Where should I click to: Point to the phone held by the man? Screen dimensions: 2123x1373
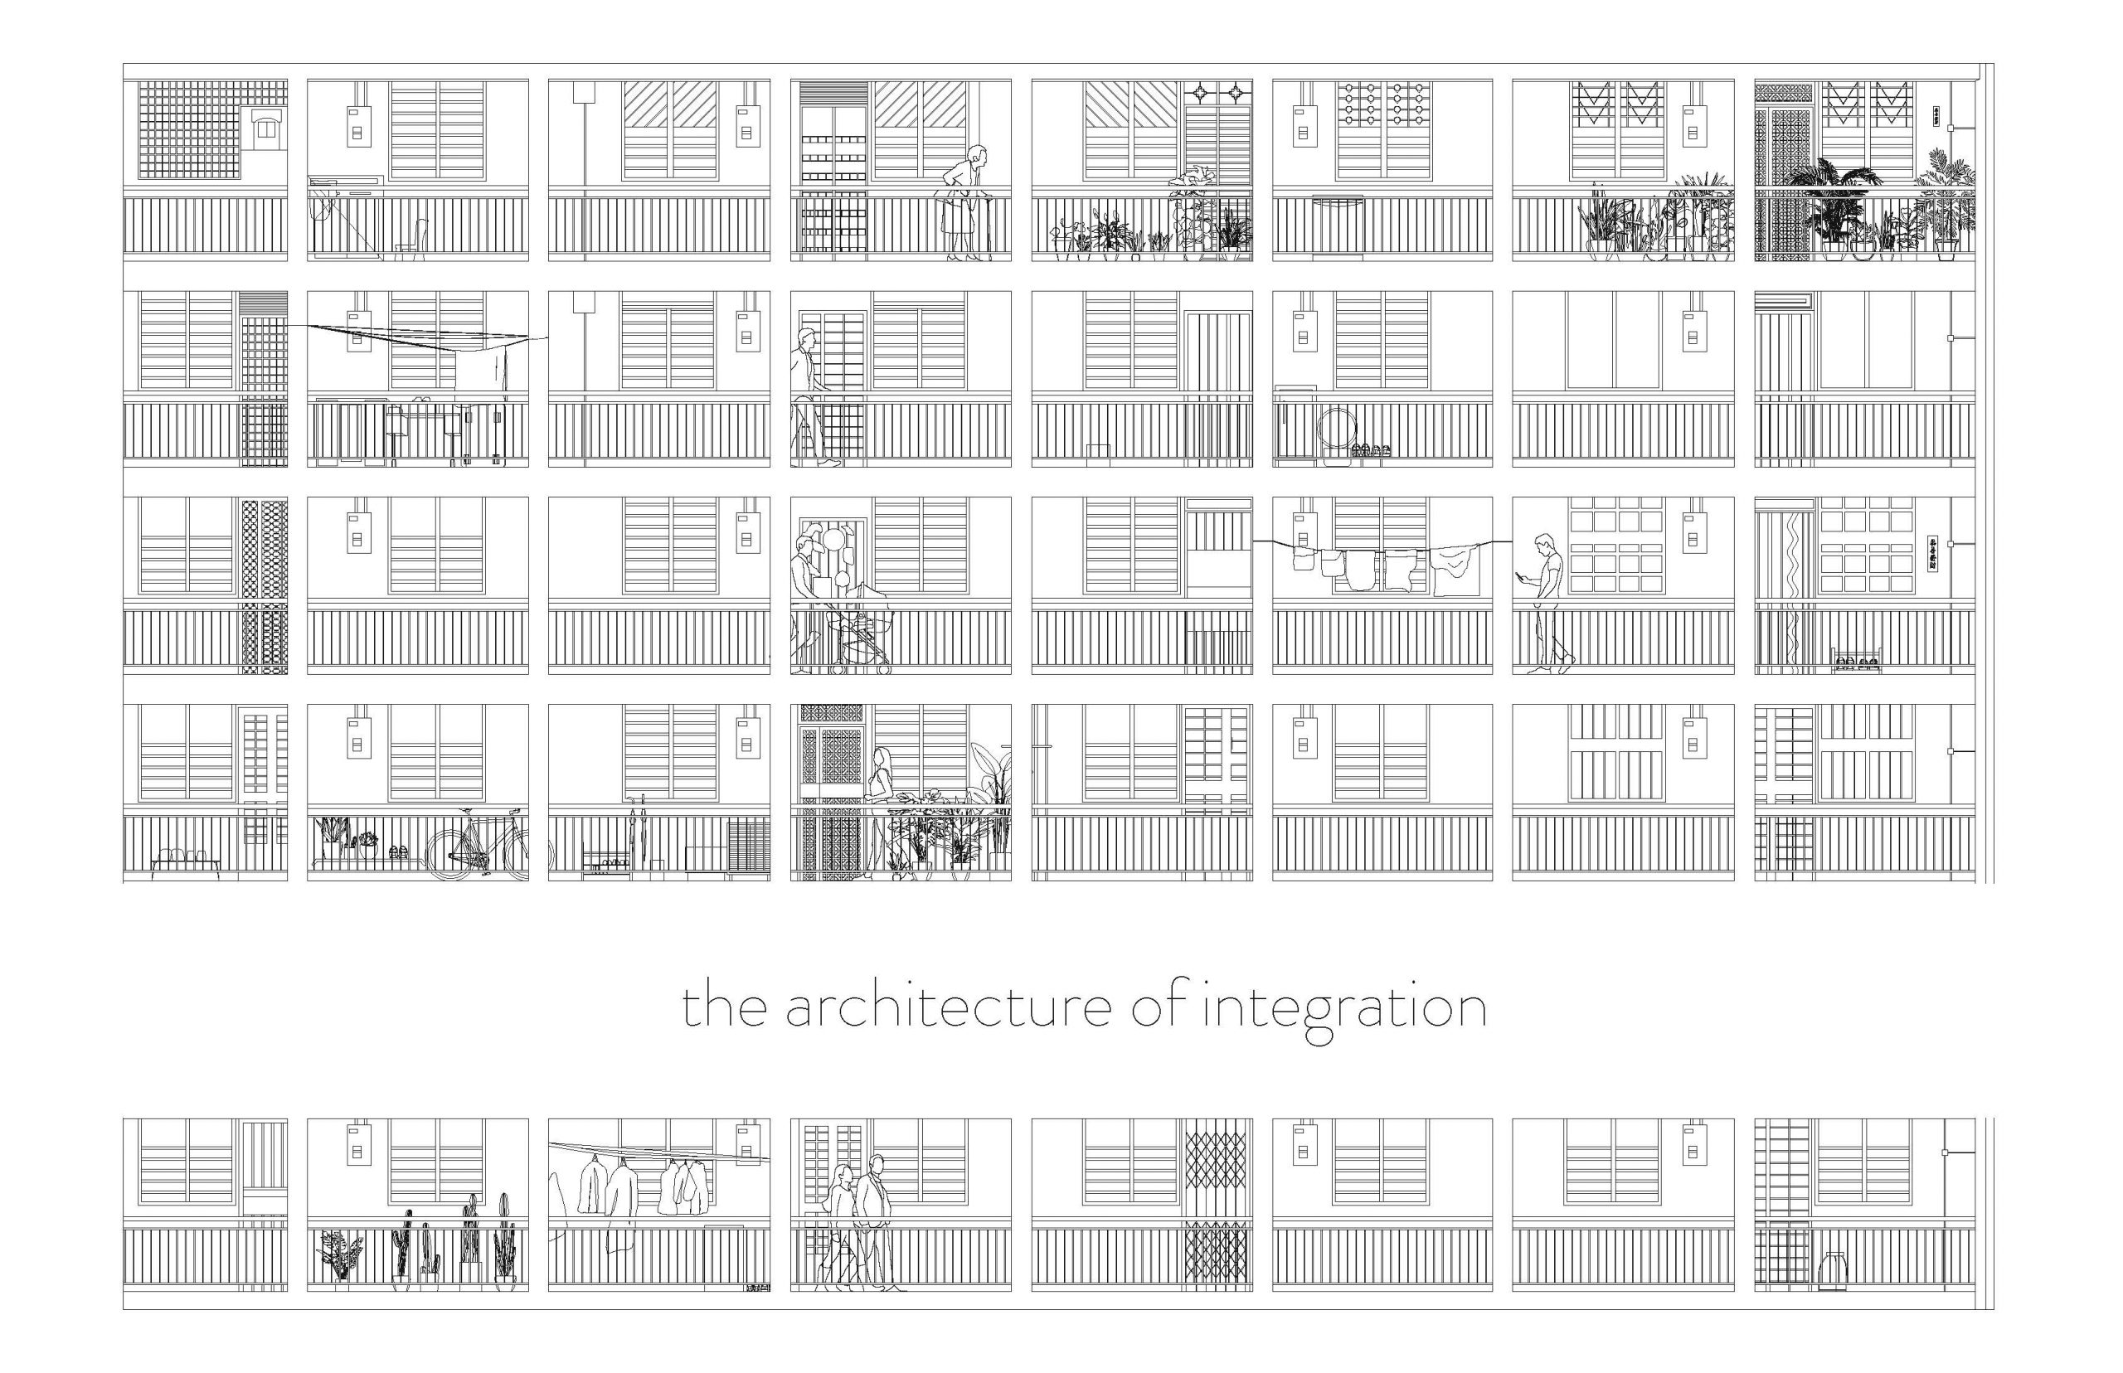1523,577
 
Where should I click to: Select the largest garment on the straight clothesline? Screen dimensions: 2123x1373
1455,568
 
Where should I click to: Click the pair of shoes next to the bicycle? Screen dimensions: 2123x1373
399,851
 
